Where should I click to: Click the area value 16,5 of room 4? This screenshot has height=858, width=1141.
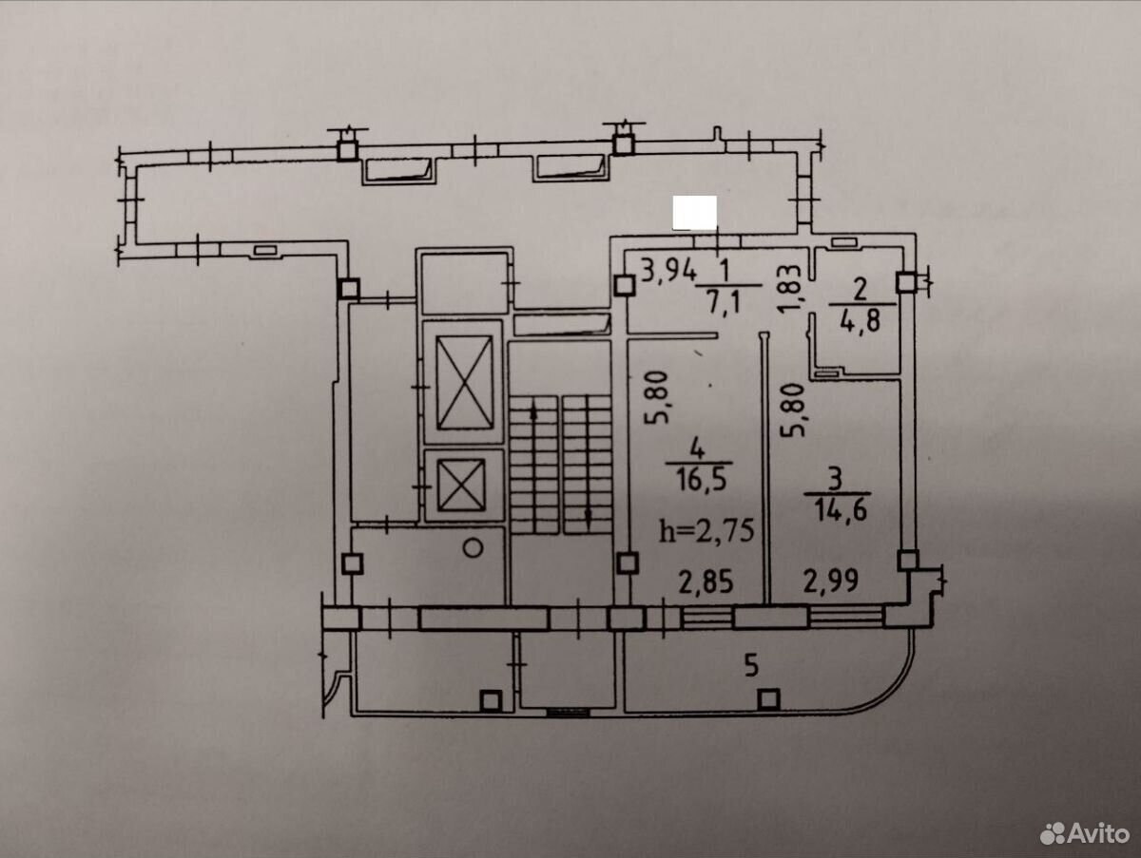(x=701, y=481)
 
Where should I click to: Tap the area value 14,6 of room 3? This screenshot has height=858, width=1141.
(x=841, y=510)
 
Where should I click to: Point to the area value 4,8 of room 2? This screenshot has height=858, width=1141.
(x=861, y=320)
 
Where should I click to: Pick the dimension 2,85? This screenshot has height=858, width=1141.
(x=706, y=582)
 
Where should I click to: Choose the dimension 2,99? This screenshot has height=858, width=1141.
(x=831, y=581)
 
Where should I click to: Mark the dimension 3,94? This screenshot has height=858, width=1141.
(x=668, y=271)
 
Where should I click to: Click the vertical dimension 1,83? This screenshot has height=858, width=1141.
(x=789, y=289)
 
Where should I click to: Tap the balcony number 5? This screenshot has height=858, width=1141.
(x=751, y=665)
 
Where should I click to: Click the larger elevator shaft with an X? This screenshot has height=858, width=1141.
(x=464, y=383)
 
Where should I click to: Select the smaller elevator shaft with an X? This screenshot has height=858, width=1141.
(x=461, y=485)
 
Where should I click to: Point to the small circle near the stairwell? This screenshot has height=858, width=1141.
(x=473, y=547)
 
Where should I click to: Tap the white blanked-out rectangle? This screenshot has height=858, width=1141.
(x=695, y=213)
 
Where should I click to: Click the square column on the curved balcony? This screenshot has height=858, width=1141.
(x=768, y=698)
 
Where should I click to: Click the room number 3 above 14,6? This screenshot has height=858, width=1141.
(x=834, y=480)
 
